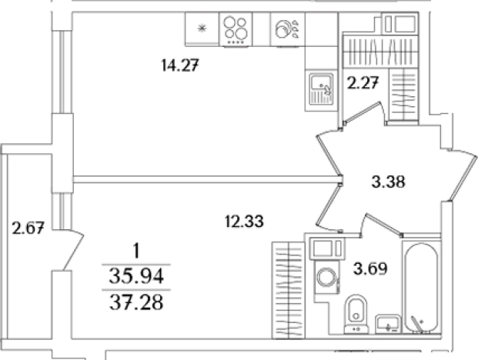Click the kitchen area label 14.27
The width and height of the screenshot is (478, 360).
(180, 65)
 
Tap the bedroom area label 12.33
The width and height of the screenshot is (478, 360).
(244, 221)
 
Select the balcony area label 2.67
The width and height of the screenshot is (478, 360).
(28, 228)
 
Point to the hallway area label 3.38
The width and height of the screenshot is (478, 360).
(389, 182)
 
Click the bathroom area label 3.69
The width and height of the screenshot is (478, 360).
(370, 268)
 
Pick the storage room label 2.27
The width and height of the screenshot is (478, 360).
(363, 82)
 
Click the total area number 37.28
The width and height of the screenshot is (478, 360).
(136, 303)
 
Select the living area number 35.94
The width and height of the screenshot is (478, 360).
(136, 277)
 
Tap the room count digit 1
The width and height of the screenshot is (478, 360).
(136, 252)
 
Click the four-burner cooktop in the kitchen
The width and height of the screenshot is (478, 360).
(236, 29)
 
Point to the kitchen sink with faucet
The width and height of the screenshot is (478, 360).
(321, 89)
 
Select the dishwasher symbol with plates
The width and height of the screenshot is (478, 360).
(287, 29)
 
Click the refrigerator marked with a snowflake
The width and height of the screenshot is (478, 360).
(202, 29)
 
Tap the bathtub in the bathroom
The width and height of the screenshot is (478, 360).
(421, 288)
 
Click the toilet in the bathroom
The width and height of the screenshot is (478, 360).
(356, 314)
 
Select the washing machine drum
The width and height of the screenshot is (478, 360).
(327, 277)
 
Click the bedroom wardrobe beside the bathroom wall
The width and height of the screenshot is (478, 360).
(289, 290)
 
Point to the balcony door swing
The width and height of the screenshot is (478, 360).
(73, 250)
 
